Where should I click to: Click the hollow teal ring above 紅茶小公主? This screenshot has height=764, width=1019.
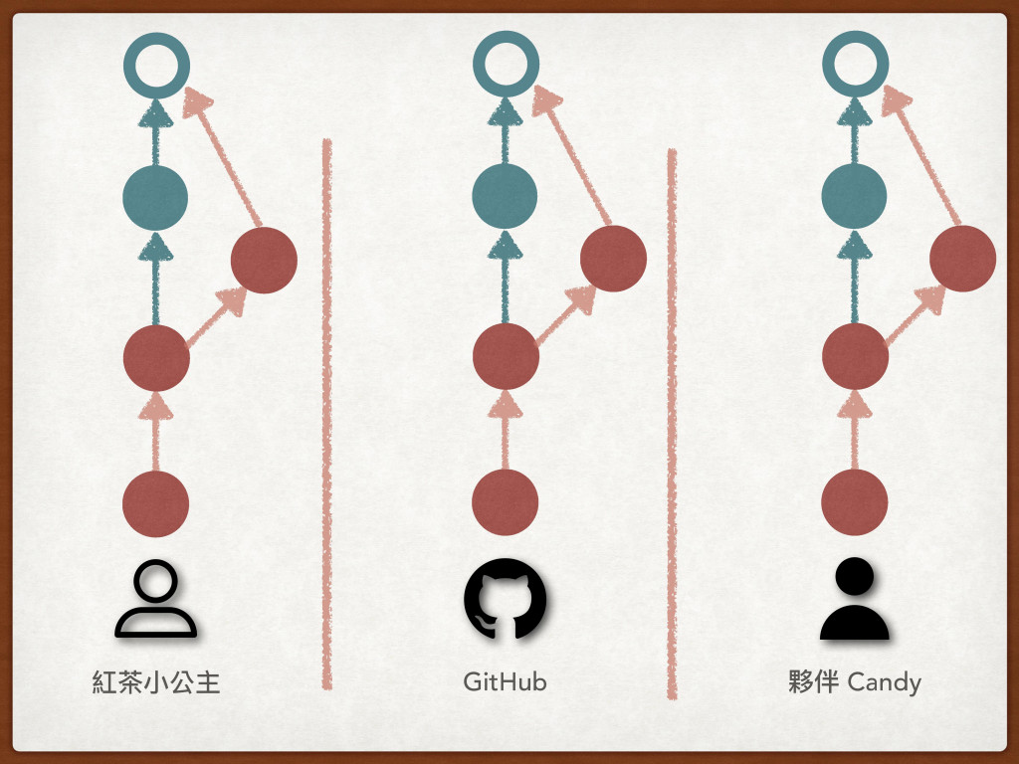(156, 65)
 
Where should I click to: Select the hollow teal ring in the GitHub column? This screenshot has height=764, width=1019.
(506, 65)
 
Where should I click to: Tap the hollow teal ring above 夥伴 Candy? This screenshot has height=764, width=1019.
(855, 65)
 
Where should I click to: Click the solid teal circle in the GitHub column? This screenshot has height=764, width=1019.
(506, 197)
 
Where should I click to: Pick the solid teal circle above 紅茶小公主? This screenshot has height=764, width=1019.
(155, 197)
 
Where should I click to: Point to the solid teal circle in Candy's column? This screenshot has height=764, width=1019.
(854, 197)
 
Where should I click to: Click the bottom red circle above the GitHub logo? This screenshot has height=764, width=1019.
(505, 503)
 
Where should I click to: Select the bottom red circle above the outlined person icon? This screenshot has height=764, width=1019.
(155, 503)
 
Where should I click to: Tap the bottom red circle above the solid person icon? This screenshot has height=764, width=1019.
(854, 503)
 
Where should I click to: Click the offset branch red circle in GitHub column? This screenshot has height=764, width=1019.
(614, 259)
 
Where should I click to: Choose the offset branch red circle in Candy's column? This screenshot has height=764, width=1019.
(962, 259)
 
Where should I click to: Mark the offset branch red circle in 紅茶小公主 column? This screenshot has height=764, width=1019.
(264, 261)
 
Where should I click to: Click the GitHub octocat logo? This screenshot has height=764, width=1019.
(505, 599)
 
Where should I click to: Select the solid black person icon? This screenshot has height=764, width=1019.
(854, 599)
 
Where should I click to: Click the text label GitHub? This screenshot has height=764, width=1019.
(505, 683)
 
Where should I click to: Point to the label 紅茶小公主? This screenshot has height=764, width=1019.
(156, 683)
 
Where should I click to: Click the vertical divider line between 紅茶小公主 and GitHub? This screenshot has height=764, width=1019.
(326, 413)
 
